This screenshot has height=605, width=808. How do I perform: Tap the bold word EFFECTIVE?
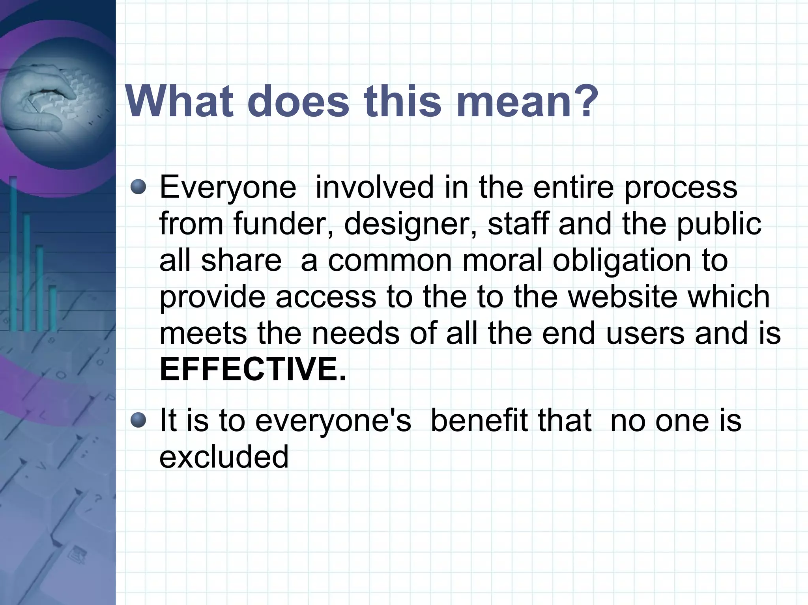coord(252,369)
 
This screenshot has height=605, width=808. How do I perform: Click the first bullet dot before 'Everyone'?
coord(138,186)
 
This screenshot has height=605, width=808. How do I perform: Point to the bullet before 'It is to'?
coord(138,420)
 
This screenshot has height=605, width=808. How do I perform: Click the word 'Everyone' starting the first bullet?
coord(228,188)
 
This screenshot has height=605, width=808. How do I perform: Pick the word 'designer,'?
coord(410,224)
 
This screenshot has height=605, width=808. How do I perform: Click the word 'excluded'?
coord(224,456)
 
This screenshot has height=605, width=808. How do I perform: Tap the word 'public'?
coord(719,224)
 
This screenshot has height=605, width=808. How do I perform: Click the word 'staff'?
coord(517,223)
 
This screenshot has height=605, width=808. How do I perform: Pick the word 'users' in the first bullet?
coord(645,333)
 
